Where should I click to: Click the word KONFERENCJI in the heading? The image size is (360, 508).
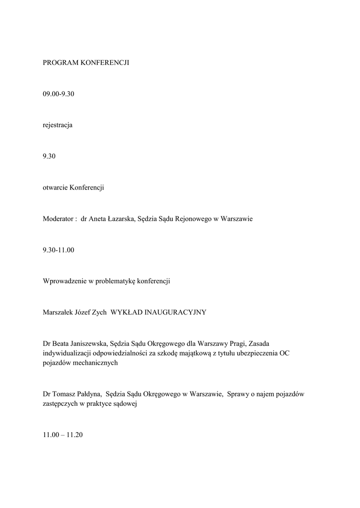click(x=105, y=63)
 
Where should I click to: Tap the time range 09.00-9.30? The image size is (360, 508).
click(x=59, y=94)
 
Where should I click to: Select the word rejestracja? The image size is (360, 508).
click(x=58, y=126)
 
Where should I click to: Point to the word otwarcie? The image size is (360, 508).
click(x=55, y=188)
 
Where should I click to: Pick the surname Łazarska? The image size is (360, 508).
click(x=117, y=219)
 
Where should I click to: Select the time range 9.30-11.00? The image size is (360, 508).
click(x=59, y=250)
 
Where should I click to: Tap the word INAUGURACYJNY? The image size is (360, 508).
click(x=173, y=313)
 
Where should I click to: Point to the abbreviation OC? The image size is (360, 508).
click(x=284, y=353)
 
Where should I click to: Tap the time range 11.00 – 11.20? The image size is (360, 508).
click(x=63, y=435)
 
